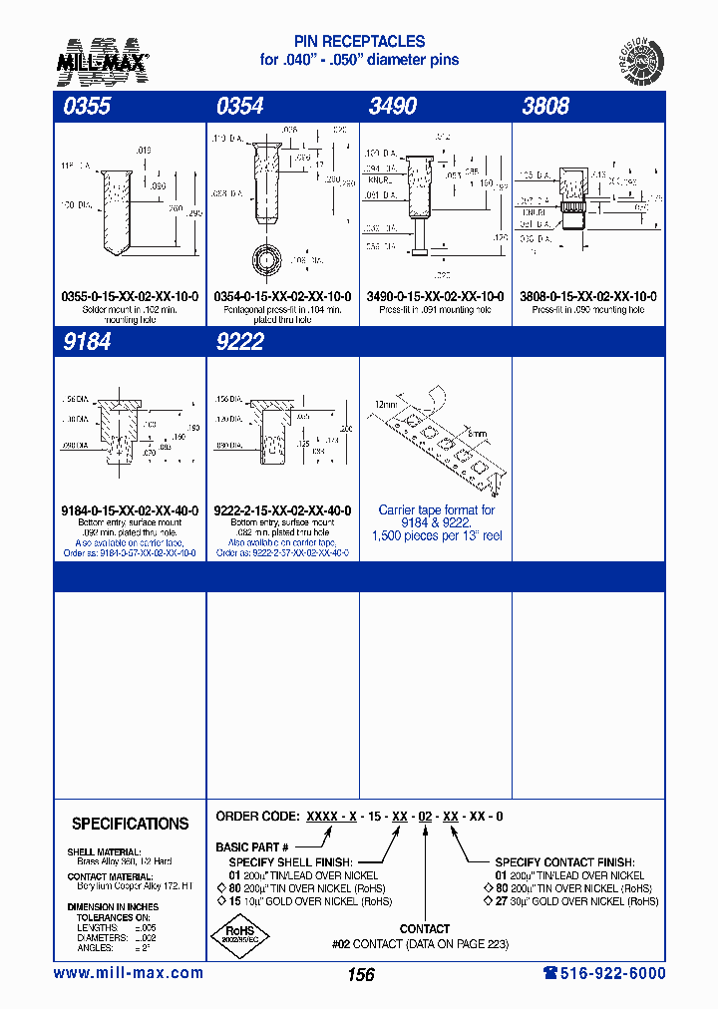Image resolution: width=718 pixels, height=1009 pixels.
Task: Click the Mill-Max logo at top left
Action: tap(101, 59)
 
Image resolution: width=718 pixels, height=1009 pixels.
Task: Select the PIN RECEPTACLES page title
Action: tap(359, 42)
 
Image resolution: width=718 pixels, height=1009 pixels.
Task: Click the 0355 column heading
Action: tap(87, 107)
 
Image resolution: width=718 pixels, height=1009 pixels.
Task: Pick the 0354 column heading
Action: tap(240, 107)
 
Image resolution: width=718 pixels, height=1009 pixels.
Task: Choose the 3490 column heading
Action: tap(393, 107)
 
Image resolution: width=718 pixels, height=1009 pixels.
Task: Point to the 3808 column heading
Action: tap(545, 107)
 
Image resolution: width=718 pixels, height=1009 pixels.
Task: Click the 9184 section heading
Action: tap(87, 342)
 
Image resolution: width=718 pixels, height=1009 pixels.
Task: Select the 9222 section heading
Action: tap(240, 342)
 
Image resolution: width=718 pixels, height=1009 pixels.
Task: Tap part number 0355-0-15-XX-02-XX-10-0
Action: tap(130, 297)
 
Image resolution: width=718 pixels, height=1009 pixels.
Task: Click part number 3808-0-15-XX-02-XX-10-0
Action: tap(588, 297)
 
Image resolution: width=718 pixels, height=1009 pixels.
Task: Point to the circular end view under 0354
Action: tap(268, 262)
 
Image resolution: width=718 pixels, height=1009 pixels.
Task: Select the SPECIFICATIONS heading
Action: tap(130, 824)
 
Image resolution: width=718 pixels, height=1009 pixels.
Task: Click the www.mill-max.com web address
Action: tap(128, 973)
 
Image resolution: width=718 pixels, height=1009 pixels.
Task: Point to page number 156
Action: tap(360, 975)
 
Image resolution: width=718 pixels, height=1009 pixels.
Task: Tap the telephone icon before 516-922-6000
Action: tap(550, 973)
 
